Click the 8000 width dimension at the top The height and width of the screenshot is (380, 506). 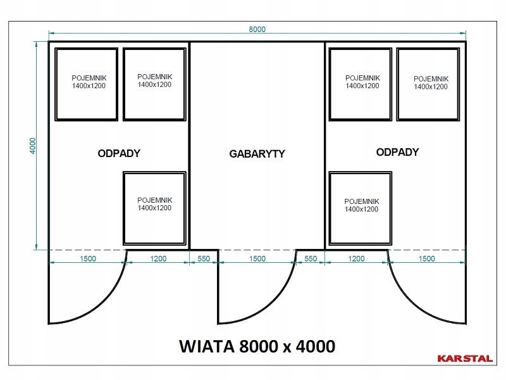pyautogui.click(x=257, y=29)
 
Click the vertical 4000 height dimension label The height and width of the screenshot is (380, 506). pyautogui.click(x=33, y=146)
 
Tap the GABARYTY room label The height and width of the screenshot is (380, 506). pyautogui.click(x=257, y=154)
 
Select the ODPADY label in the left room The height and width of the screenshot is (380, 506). pyautogui.click(x=119, y=153)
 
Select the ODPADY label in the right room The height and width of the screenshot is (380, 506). pyautogui.click(x=397, y=152)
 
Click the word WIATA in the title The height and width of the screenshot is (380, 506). pyautogui.click(x=207, y=346)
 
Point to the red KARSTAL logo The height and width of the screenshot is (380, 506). pyautogui.click(x=465, y=358)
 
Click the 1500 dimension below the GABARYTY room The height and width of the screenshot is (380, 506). pyautogui.click(x=257, y=258)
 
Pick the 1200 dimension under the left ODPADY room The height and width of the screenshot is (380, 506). pyautogui.click(x=158, y=258)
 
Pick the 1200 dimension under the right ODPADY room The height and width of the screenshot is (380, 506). pyautogui.click(x=356, y=258)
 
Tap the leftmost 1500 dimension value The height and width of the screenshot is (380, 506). pyautogui.click(x=88, y=258)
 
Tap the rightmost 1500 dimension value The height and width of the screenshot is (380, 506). pyautogui.click(x=426, y=258)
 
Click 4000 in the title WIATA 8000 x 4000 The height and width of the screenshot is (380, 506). pyautogui.click(x=315, y=346)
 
